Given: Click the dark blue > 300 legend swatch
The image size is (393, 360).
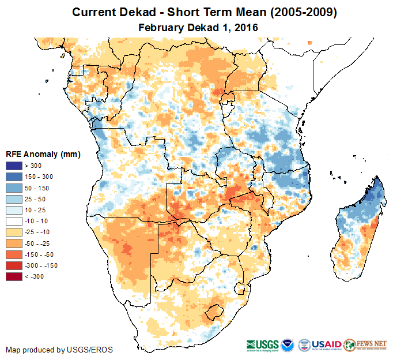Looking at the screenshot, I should tap(14, 166).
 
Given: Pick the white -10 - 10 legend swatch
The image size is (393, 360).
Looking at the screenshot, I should tap(14, 222).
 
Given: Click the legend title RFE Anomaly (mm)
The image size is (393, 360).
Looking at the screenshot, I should tap(43, 155).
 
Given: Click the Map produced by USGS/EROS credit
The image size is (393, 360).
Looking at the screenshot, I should tap(59, 350).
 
